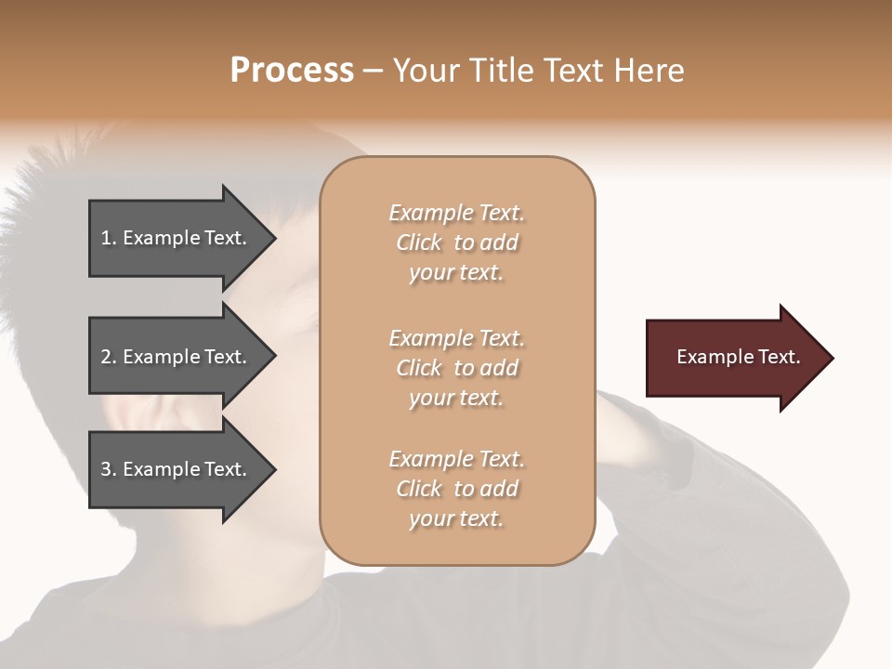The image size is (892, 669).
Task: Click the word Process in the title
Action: pos(292,71)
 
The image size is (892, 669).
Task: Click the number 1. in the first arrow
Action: pos(109,238)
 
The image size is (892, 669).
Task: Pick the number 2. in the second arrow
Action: pos(109,357)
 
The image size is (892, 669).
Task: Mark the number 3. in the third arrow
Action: pos(109,469)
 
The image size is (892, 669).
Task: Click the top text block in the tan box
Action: pos(456,243)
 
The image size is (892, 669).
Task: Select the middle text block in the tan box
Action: pos(456,368)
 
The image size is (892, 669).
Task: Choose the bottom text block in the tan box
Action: pos(456,489)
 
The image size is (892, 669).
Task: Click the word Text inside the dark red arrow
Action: pos(780,357)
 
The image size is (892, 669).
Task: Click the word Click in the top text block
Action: pos(419,243)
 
